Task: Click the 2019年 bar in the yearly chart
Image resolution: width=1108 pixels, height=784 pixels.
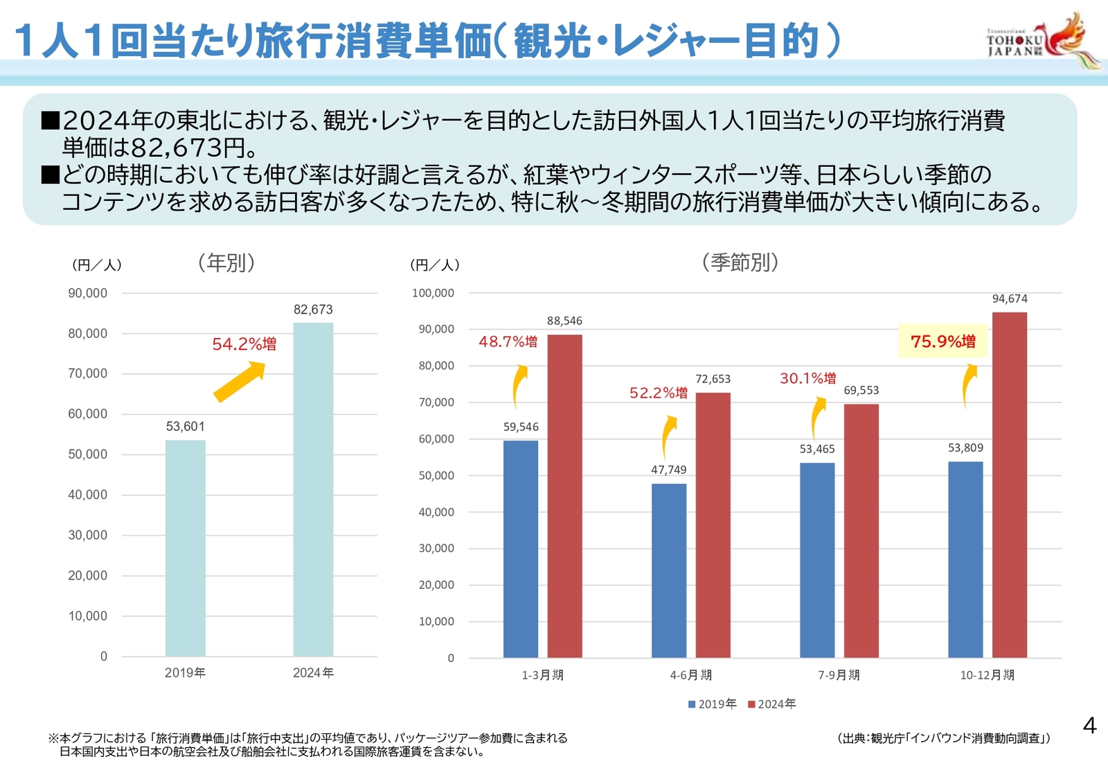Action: (x=185, y=548)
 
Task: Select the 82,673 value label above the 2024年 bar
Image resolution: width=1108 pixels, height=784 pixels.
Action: (x=313, y=310)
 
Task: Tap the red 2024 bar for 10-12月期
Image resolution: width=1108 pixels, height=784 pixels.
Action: (x=1009, y=485)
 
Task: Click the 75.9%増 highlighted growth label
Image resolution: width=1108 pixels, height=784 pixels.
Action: (x=942, y=341)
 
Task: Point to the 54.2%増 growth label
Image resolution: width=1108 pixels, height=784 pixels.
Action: (x=244, y=344)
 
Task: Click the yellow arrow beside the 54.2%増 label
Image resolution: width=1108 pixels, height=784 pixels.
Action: (x=240, y=382)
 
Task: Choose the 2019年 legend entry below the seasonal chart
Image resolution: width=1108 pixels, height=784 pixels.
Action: (x=712, y=704)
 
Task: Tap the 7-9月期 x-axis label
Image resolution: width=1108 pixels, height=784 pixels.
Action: (x=839, y=675)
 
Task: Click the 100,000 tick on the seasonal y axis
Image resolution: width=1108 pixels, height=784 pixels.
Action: (x=433, y=293)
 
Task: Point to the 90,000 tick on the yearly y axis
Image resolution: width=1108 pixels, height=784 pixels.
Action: (x=87, y=293)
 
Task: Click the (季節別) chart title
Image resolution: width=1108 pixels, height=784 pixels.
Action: (x=740, y=262)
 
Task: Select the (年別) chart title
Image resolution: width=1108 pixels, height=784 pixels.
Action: (x=226, y=262)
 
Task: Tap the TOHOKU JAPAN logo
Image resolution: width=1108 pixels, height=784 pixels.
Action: (x=1042, y=42)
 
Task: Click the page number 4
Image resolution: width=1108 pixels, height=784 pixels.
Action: (x=1089, y=726)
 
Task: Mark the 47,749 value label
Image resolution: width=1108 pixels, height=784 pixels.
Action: (x=668, y=470)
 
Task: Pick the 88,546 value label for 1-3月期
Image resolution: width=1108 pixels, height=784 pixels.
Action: (x=564, y=321)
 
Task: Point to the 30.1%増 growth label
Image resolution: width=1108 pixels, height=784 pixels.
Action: (x=807, y=378)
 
